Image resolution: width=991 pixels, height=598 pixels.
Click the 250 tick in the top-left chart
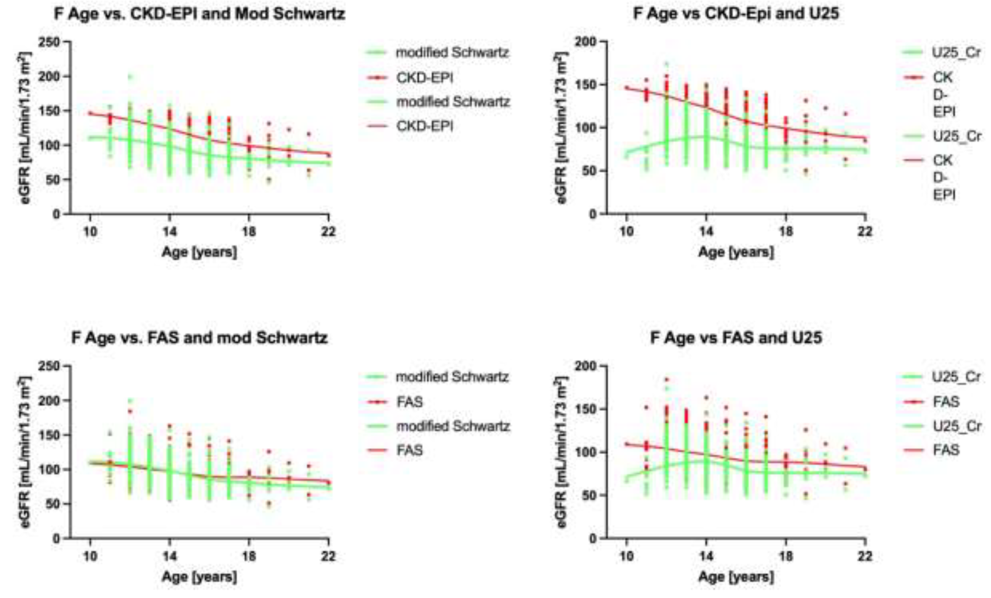49,42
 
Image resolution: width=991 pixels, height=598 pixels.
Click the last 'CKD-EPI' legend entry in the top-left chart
424,126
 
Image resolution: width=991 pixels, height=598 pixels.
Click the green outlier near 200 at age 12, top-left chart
130,76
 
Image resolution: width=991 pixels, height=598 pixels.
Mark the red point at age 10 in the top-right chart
626,87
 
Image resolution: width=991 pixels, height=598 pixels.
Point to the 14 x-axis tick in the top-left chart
169,232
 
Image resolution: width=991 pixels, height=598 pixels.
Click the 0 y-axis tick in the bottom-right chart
592,538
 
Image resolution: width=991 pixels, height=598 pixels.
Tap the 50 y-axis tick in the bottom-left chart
52,504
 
